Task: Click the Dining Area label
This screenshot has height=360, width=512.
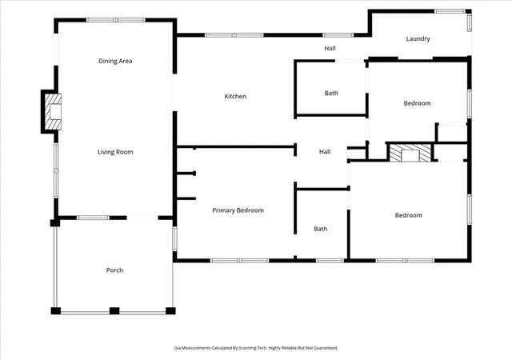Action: coord(115,61)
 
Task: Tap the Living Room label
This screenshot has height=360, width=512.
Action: coord(115,152)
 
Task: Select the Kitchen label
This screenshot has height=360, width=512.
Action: coord(235,96)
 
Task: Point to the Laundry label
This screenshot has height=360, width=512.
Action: coord(418,39)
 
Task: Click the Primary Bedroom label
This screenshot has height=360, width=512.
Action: coord(238,210)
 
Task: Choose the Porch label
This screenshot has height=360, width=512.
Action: coord(114,270)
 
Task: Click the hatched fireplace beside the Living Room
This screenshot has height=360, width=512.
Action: coord(53,111)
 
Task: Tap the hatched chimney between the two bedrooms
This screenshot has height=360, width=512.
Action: coord(410,153)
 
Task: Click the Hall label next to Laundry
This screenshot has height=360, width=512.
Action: coord(330,48)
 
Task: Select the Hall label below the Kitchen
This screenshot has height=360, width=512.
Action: coord(325,152)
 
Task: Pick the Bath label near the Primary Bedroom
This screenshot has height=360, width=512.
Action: coord(320,229)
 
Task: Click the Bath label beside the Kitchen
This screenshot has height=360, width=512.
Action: coord(331,94)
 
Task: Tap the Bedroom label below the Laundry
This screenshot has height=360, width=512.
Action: coord(417,103)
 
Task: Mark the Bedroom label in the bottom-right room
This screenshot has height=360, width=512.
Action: coord(409,215)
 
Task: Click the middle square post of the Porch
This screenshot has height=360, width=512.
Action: coord(114,310)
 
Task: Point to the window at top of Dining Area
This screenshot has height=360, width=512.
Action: coord(115,20)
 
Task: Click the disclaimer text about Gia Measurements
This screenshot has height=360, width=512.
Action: coord(256,348)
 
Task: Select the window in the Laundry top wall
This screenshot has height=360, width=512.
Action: coord(450,11)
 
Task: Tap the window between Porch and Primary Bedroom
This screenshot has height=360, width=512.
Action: coord(174,239)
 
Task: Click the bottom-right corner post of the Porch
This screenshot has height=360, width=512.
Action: coord(170,310)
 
